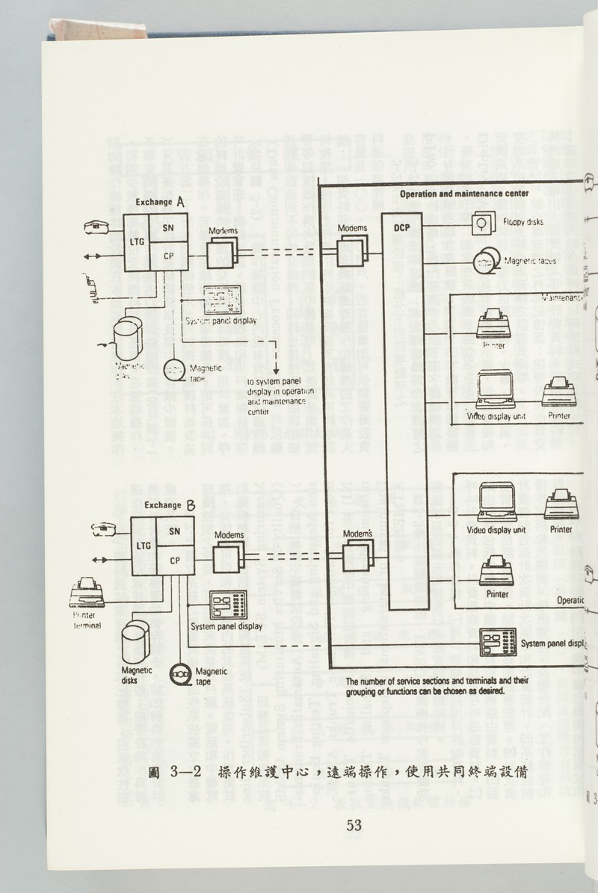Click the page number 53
(x=354, y=825)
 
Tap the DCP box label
(x=403, y=227)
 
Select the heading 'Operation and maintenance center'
(x=463, y=194)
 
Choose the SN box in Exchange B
(x=174, y=531)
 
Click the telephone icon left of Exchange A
(x=99, y=226)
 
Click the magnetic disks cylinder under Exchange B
(x=137, y=639)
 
